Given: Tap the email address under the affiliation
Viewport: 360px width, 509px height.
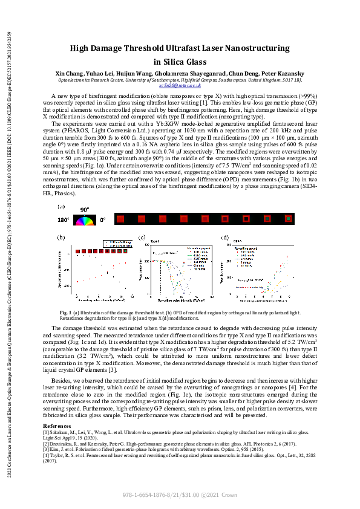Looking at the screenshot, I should (180, 86).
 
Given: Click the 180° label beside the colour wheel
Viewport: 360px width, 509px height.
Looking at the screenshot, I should (64, 220).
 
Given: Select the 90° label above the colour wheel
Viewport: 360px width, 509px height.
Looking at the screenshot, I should (84, 209).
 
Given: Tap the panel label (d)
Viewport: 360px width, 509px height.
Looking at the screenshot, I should (224, 238).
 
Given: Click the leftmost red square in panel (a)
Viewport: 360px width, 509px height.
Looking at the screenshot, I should (120, 219).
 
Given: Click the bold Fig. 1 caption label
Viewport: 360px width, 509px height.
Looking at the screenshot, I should (66, 312).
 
